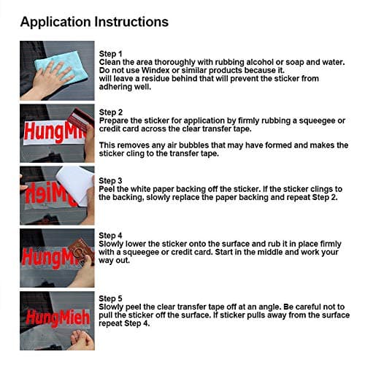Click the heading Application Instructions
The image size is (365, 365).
(94, 22)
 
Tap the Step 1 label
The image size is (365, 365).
(110, 54)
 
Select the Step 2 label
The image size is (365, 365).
(111, 112)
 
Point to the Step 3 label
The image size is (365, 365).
(110, 181)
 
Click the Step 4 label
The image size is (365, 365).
(110, 236)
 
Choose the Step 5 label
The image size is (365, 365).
(110, 299)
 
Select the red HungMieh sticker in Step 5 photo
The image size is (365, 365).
(58, 318)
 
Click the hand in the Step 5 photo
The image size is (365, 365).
(82, 339)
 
